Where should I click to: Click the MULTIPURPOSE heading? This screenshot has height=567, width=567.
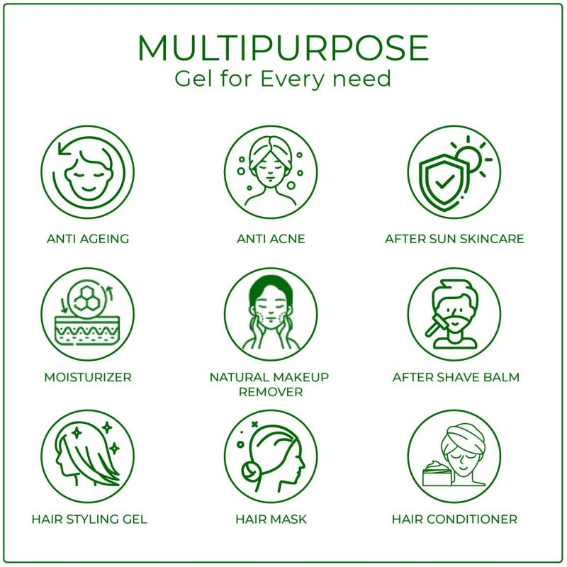(283, 48)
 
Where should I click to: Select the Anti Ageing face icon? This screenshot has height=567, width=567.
(87, 172)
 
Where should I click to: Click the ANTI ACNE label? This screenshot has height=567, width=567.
(271, 239)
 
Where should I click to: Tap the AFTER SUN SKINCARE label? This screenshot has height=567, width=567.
(454, 239)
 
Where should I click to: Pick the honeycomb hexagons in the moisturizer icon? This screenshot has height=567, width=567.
(86, 298)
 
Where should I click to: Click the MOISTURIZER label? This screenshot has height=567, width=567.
(87, 377)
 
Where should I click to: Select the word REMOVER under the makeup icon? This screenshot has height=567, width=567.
(271, 392)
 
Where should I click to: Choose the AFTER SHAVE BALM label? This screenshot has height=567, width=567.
(456, 377)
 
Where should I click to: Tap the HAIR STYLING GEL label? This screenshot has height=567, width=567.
(89, 520)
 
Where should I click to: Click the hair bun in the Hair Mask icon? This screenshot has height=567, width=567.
(250, 472)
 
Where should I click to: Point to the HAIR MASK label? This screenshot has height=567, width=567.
(271, 520)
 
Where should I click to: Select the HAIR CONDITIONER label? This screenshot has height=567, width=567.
(454, 520)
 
